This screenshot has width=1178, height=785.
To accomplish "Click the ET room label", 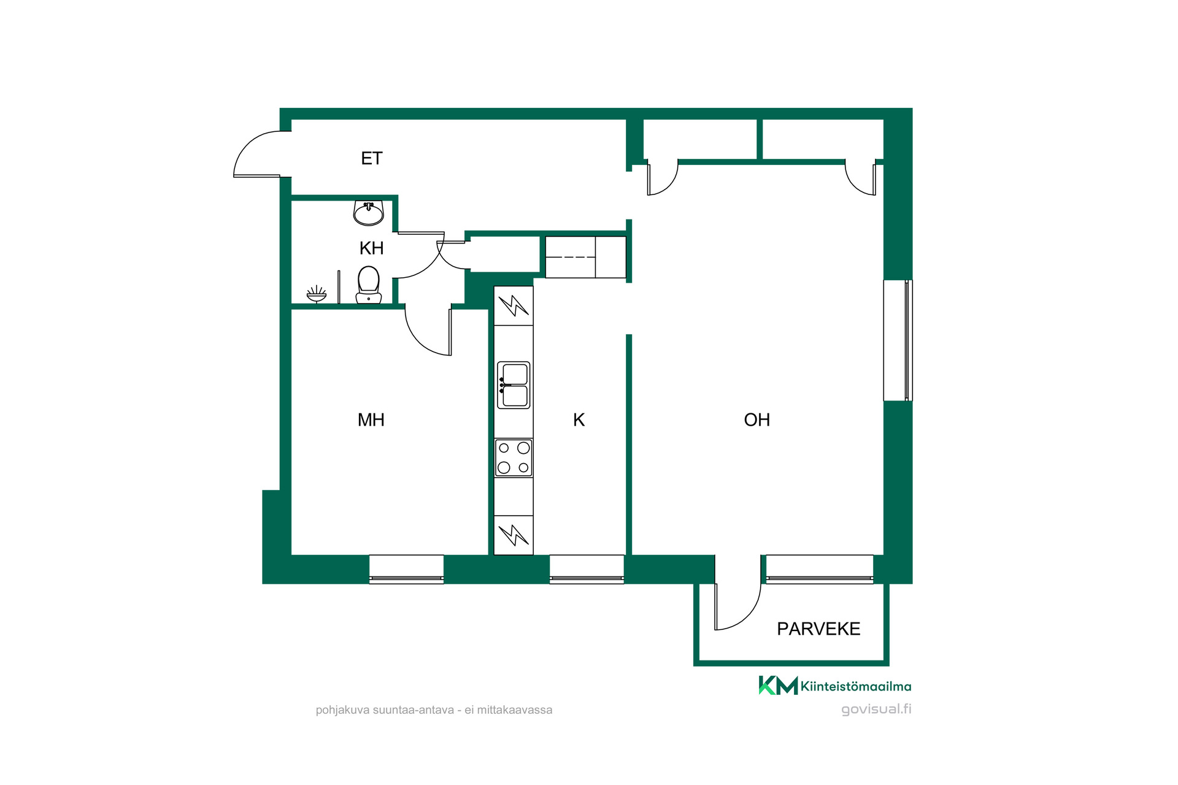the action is point(372,158).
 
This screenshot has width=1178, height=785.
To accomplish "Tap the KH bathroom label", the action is point(371,248).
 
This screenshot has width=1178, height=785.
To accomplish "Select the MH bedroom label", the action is point(371,419).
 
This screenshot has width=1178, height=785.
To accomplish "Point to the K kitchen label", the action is point(579,419).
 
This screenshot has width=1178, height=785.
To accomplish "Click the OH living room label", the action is point(756,419).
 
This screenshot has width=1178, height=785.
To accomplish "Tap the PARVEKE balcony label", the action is point(818,629).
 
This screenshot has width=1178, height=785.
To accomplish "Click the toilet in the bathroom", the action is point(369,285).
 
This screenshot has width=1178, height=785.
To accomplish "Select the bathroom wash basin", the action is point(369,213).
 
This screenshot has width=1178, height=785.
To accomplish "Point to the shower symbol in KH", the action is point(317,294).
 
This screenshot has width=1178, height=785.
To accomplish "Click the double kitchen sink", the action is point(514,385).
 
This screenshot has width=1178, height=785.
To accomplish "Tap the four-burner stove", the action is point(514,458).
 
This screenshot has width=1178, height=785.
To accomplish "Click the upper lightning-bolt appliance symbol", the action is point(514,305).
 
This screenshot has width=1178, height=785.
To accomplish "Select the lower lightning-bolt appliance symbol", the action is point(514,535).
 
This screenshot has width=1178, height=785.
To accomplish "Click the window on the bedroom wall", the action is point(406,569).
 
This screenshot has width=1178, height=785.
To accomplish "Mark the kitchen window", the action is point(587,569).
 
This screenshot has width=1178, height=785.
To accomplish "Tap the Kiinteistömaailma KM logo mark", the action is point(778,685).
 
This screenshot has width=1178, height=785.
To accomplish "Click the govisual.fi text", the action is point(876,709).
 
